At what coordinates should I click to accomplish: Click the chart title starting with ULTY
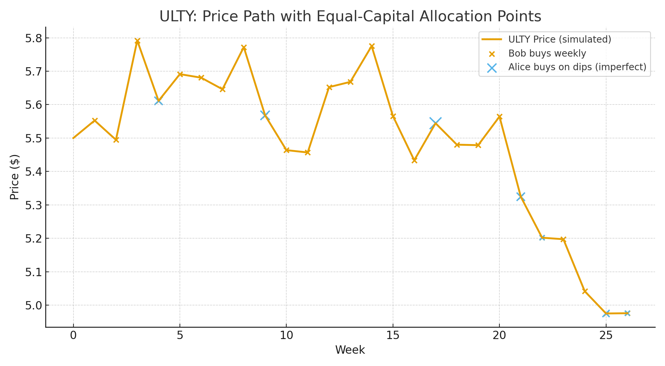tap(350, 17)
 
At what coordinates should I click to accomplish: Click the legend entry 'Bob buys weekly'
tap(547, 54)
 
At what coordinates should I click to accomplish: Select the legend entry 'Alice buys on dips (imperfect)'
tap(577, 67)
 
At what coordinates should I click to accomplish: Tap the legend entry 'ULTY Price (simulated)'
tap(560, 40)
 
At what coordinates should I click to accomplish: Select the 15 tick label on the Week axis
tap(393, 336)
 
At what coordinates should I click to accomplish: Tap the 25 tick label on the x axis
tap(606, 336)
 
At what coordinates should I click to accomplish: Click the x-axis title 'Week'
tap(350, 350)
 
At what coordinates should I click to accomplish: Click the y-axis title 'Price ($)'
tap(14, 177)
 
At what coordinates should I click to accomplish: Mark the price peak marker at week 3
tap(137, 41)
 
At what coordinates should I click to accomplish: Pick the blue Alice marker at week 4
tap(159, 100)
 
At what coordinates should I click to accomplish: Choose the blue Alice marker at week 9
tap(265, 115)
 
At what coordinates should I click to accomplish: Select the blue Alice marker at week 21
tap(521, 197)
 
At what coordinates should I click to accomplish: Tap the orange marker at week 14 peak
tap(372, 46)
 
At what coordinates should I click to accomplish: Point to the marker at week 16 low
tap(414, 160)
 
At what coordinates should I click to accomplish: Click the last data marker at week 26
tap(627, 313)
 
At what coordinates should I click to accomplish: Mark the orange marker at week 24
tap(585, 291)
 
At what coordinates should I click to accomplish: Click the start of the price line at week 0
tap(73, 138)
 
